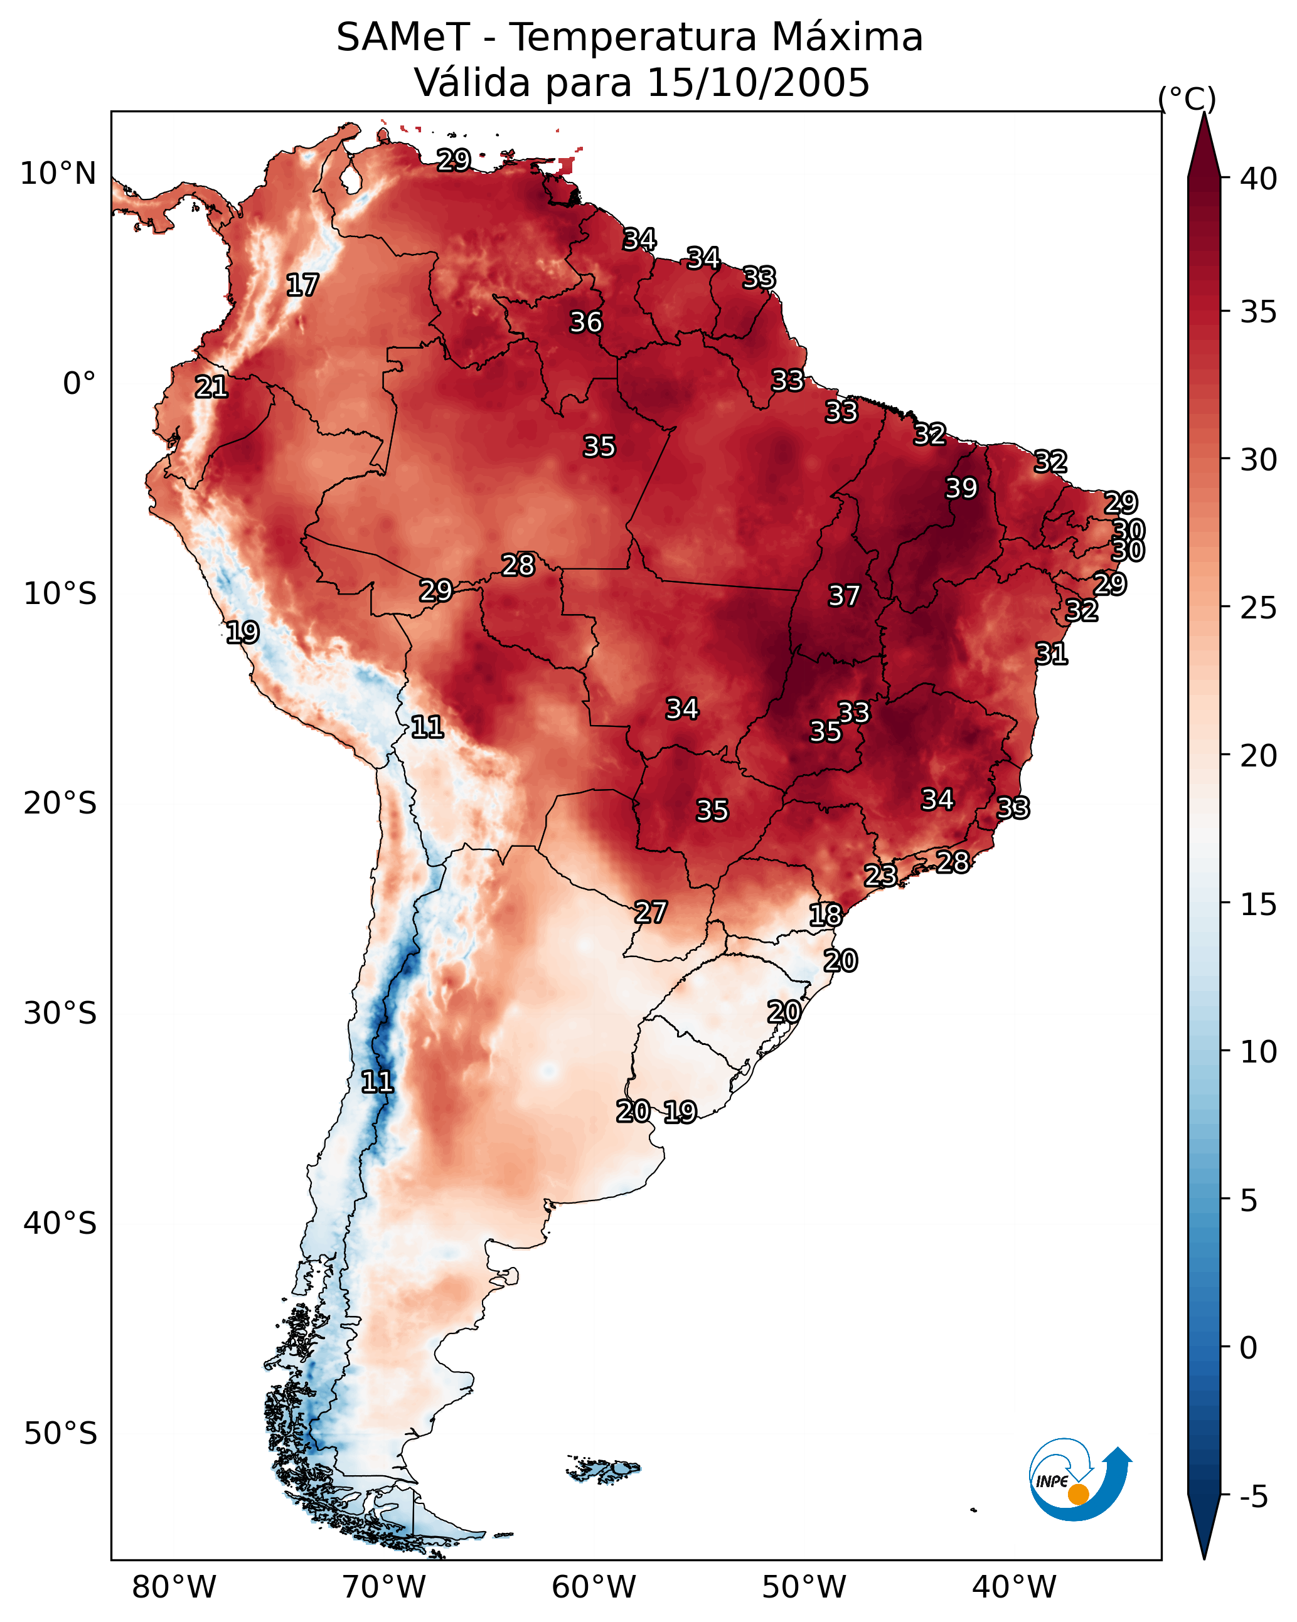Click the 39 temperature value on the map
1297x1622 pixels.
point(961,488)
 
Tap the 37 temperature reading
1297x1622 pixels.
point(844,596)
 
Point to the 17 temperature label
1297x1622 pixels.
point(302,285)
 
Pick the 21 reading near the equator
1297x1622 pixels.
point(211,388)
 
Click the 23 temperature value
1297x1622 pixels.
point(880,875)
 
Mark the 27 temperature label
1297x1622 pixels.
point(650,912)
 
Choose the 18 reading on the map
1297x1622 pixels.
point(826,915)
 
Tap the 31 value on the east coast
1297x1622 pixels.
point(1051,654)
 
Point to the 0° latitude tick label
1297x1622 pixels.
point(79,384)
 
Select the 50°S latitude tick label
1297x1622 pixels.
point(60,1433)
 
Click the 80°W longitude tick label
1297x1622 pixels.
point(174,1587)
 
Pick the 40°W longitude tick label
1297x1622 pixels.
point(1014,1587)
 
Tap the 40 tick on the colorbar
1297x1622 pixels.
point(1259,179)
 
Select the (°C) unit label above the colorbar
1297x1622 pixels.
point(1187,98)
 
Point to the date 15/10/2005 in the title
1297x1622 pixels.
point(758,83)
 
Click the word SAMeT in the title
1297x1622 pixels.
point(403,38)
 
